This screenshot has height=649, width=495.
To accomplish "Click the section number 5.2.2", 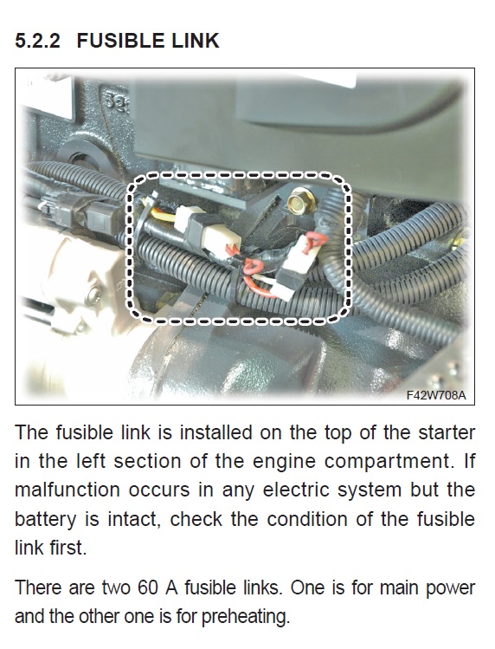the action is tap(37, 41).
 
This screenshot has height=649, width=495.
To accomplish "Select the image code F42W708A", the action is tap(436, 395).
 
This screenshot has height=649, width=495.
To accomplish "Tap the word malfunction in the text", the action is tap(67, 490).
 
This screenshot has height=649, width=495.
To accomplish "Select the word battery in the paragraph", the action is tap(46, 520).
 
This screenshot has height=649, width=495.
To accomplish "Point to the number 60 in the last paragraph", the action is tap(148, 587).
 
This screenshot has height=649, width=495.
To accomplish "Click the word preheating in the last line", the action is tap(244, 617).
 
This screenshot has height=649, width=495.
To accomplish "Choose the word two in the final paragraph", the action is tap(116, 588).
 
